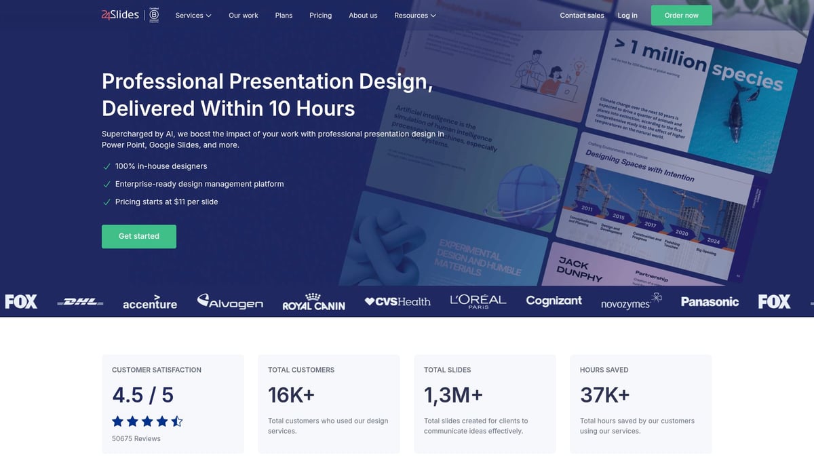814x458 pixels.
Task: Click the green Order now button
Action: (x=681, y=16)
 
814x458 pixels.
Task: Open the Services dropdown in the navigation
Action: (x=193, y=16)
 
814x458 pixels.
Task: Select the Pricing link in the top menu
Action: (x=320, y=16)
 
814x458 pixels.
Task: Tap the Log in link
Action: (x=627, y=16)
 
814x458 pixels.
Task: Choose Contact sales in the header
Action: (x=582, y=16)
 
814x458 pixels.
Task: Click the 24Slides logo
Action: (x=120, y=15)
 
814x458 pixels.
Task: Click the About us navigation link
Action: (x=363, y=16)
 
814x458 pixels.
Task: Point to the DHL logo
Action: (x=80, y=301)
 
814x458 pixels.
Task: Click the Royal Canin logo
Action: (x=313, y=302)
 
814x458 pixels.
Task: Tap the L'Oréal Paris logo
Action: (x=478, y=301)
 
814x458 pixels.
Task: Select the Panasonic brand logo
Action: (x=710, y=302)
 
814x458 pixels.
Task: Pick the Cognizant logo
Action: (x=554, y=301)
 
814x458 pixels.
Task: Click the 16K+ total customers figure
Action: (x=292, y=395)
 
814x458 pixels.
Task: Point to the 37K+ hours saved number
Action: (x=605, y=395)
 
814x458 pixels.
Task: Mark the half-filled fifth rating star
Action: (x=177, y=421)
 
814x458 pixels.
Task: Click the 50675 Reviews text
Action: (x=136, y=438)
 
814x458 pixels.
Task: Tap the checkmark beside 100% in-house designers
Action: (x=106, y=166)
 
